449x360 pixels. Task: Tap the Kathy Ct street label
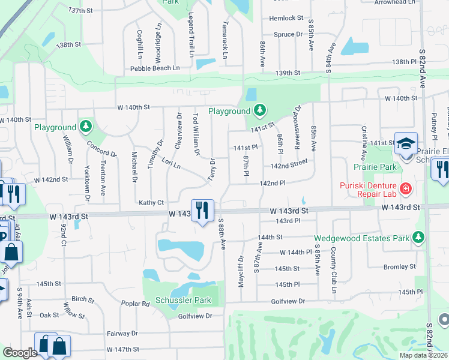[x=151, y=203]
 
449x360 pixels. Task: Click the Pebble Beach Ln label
[x=155, y=69]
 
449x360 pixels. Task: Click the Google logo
[x=20, y=353]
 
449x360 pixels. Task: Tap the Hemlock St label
[x=286, y=19]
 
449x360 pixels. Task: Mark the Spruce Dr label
[x=288, y=35]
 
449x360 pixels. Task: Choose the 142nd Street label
[x=289, y=165]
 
